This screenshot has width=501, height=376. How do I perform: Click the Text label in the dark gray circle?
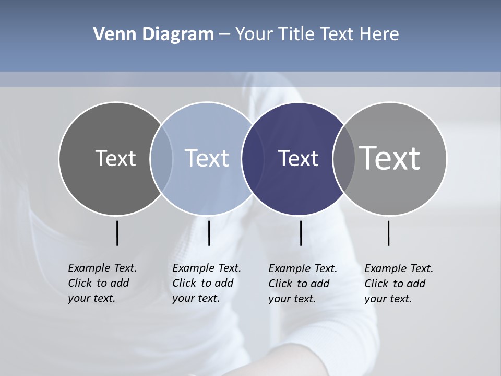tap(115, 158)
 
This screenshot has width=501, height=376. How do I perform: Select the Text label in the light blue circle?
tap(207, 158)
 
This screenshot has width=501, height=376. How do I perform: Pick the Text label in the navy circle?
tap(298, 159)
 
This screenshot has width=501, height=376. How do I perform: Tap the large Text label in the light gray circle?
tap(390, 158)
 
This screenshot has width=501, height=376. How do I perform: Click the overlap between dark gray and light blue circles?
tap(161, 159)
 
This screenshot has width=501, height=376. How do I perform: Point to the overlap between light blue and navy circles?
tap(253, 159)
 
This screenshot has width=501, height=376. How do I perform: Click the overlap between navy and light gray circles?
tap(344, 159)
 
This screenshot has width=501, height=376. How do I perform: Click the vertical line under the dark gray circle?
tap(117, 233)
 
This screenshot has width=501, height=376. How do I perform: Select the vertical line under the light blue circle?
tap(209, 233)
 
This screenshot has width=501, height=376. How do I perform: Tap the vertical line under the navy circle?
tap(301, 233)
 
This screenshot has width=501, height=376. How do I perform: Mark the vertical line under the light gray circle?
tap(388, 233)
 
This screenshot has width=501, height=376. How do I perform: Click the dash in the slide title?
tap(224, 35)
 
